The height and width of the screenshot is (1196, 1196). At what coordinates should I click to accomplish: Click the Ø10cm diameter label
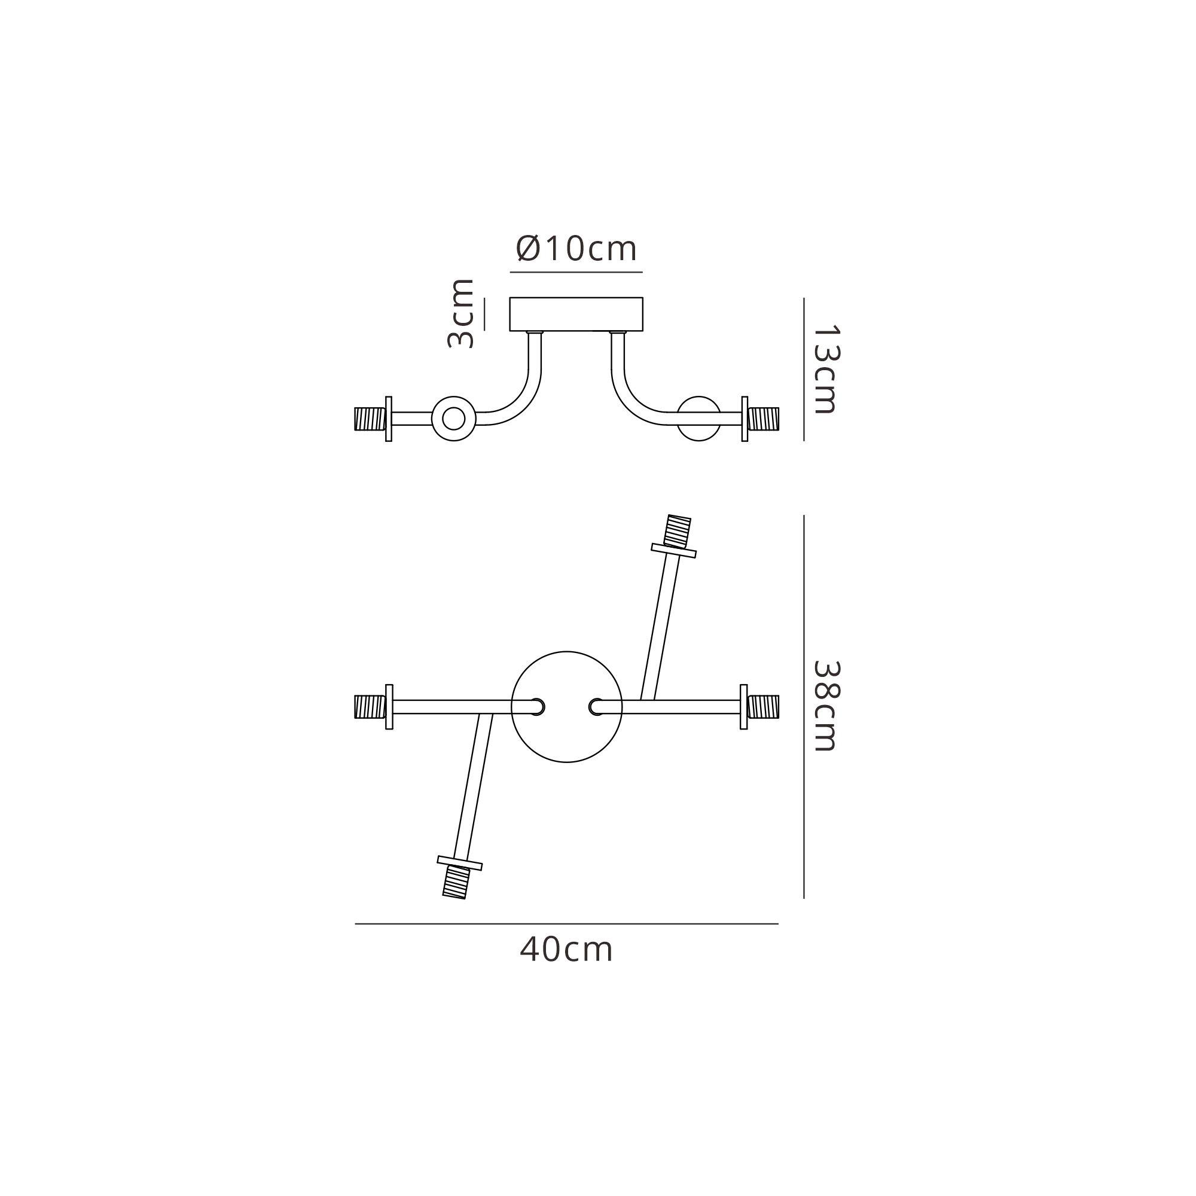pyautogui.click(x=576, y=249)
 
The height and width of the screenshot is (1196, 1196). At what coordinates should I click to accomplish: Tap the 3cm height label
pyautogui.click(x=460, y=313)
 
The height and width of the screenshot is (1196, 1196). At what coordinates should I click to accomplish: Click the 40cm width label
pyautogui.click(x=566, y=949)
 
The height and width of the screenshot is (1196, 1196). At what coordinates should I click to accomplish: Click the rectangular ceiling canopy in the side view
pyautogui.click(x=576, y=315)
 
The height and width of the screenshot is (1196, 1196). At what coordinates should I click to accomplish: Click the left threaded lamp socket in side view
pyautogui.click(x=370, y=419)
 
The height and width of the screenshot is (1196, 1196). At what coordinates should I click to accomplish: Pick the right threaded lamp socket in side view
pyautogui.click(x=764, y=419)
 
